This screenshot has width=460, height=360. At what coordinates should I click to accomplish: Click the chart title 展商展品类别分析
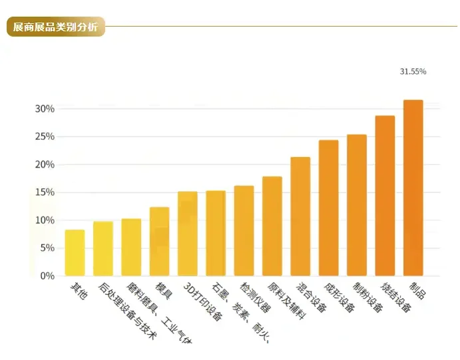point(55,27)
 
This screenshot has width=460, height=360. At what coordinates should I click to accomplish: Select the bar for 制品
point(413,188)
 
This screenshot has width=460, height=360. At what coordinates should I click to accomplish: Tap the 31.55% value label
point(413,71)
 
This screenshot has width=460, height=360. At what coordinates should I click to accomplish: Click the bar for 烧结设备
point(385,196)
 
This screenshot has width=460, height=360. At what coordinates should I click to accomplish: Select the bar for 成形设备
point(328,208)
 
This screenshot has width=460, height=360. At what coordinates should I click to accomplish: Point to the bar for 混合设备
point(300,216)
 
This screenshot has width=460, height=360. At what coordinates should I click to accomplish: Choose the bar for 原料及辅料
point(272,226)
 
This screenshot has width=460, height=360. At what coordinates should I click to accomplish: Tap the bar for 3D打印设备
point(188,234)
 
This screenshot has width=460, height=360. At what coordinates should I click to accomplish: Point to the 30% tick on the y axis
point(45,108)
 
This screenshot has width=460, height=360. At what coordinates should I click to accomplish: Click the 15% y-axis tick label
point(45,192)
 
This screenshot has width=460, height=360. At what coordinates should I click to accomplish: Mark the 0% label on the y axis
point(47,275)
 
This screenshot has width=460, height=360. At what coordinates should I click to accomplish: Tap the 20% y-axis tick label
point(45,164)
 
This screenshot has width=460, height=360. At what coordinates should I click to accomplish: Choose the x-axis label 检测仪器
point(256,297)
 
